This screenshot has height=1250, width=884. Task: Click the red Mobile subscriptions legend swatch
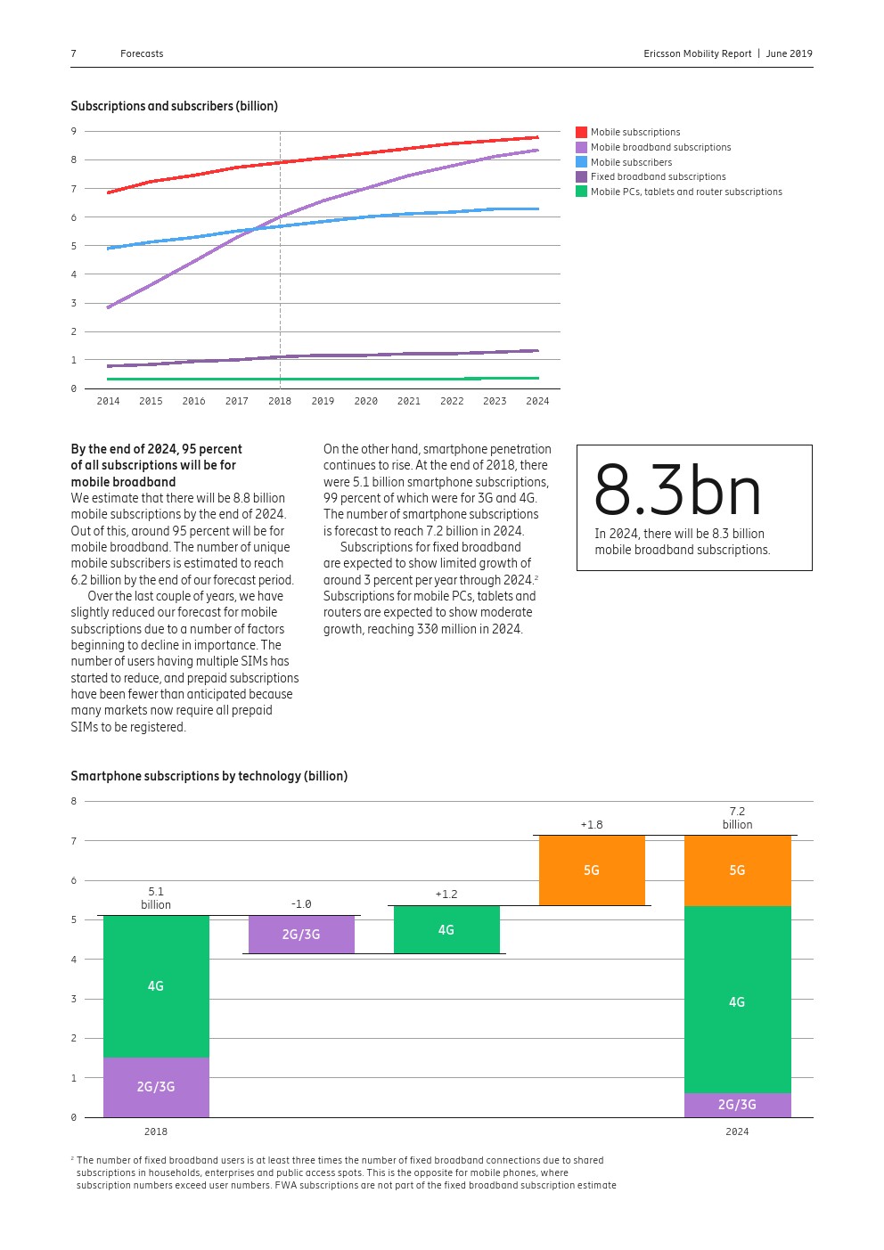(x=581, y=132)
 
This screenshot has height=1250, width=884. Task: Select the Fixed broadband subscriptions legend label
(x=658, y=176)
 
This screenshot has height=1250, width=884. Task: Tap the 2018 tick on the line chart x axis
(x=280, y=401)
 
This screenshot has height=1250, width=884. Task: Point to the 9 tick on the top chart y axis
(x=74, y=131)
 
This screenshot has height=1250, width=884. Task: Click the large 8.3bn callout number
(x=677, y=490)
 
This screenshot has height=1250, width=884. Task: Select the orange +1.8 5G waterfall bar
(x=592, y=870)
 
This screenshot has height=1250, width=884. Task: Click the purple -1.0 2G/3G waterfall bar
(x=301, y=934)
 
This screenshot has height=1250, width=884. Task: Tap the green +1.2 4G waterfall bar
(x=446, y=929)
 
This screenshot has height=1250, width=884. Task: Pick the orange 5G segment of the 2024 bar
(x=737, y=870)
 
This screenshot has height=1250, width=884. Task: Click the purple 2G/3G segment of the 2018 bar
(x=156, y=1086)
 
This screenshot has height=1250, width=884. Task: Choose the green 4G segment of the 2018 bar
(x=156, y=985)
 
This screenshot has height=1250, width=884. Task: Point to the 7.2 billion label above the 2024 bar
(x=737, y=818)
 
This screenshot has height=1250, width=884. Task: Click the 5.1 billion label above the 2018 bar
(x=156, y=898)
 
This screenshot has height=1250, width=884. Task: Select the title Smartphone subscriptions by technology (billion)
(x=209, y=776)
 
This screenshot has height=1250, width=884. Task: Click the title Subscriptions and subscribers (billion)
(x=175, y=106)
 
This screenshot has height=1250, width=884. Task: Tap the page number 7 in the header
(x=74, y=53)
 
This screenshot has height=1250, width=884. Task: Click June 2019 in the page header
(x=789, y=53)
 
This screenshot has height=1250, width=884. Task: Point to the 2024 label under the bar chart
(x=737, y=1132)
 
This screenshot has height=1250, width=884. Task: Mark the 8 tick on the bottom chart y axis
(x=74, y=801)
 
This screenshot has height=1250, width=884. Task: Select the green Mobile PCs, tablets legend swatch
(x=581, y=192)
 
